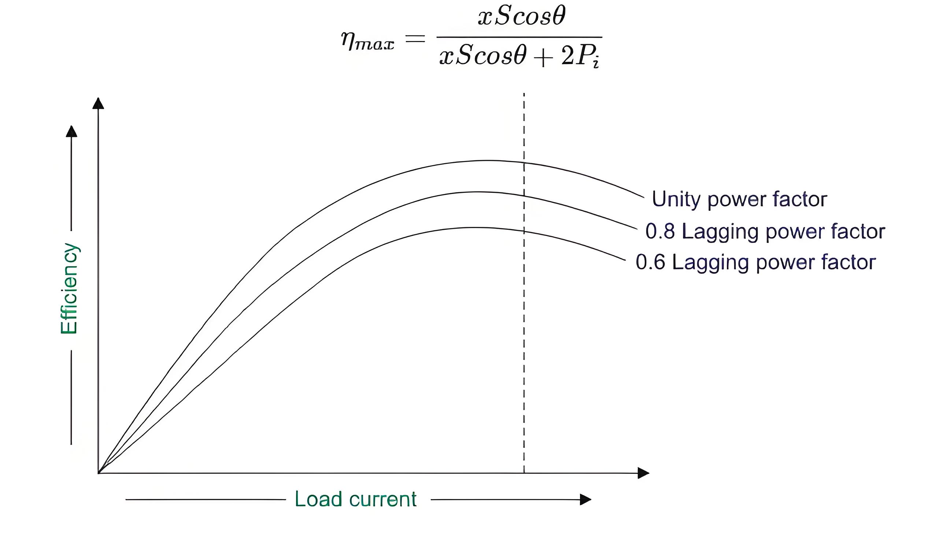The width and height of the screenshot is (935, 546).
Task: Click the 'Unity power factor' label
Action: (739, 200)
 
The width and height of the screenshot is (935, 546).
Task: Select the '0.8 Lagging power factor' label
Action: (765, 232)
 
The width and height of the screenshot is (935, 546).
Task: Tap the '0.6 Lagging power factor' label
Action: (756, 263)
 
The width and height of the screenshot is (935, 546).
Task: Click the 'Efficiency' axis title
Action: (69, 289)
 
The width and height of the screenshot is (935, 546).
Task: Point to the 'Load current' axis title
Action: (355, 499)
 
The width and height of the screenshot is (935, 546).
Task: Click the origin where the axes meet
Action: (98, 473)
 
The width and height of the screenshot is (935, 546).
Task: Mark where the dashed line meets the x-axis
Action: (524, 473)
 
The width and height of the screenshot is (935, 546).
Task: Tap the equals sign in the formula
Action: (415, 38)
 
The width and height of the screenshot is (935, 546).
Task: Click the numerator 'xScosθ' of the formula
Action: (521, 17)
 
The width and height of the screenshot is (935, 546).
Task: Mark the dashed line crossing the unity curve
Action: (524, 162)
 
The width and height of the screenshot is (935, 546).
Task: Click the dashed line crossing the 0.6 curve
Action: (524, 231)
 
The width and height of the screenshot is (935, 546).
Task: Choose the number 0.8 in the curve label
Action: (660, 231)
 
